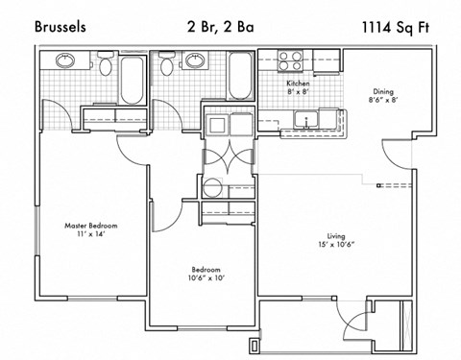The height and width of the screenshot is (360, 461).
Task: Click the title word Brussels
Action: [60, 27]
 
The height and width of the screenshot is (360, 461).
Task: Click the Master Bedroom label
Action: [91, 226]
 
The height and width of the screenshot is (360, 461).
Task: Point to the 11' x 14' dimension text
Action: [91, 235]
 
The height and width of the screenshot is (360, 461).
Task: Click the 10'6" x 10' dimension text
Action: [206, 279]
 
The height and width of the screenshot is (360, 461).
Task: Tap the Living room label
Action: [335, 234]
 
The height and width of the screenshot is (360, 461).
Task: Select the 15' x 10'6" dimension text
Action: [335, 244]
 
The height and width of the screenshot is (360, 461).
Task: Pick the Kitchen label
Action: [298, 84]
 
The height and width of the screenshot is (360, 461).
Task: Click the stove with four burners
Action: [292, 60]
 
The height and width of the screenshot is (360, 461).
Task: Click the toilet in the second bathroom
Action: [167, 65]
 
